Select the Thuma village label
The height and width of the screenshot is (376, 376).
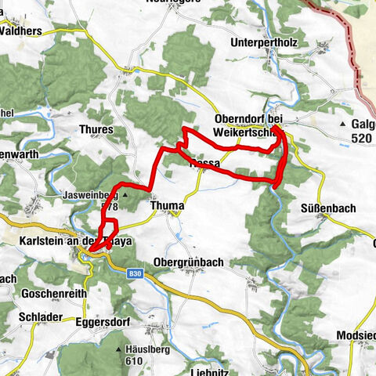click(166, 205)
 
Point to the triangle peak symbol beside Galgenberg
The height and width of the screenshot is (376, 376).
click(342, 124)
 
